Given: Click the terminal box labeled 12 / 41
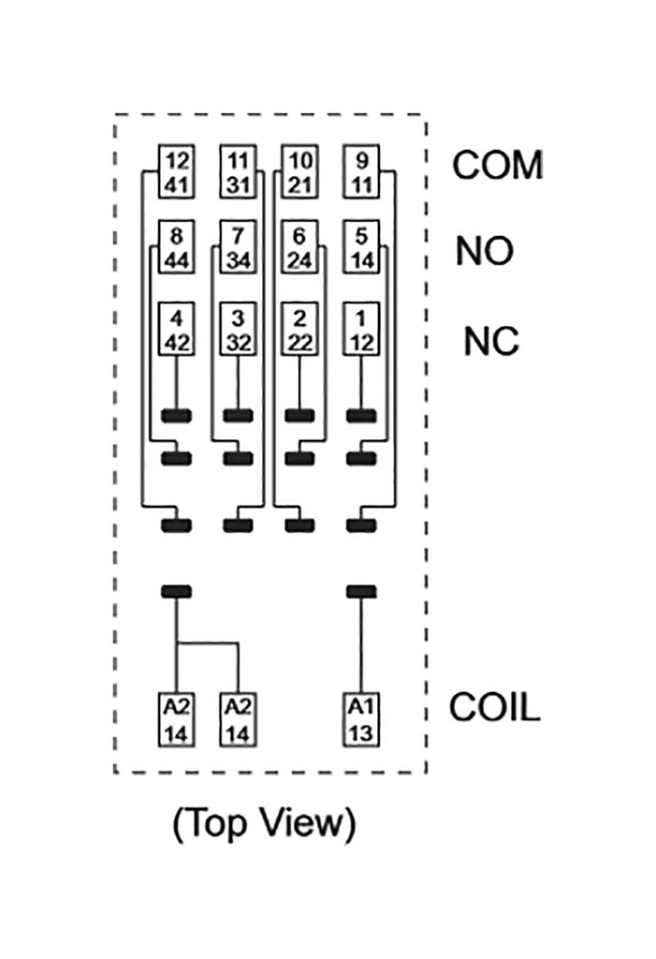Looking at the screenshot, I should (177, 170).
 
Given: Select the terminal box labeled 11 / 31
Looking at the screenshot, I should (238, 170).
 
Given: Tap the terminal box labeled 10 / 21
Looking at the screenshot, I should (299, 170).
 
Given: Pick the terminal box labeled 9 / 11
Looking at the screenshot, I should (360, 170).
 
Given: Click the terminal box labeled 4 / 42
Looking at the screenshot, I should (177, 329).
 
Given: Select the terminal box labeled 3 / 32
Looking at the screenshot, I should (238, 329).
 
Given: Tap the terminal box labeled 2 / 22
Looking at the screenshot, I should (299, 329).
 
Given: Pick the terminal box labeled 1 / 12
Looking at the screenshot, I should (360, 329).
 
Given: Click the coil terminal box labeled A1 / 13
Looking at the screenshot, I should (360, 719).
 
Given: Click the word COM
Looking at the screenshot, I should (497, 166).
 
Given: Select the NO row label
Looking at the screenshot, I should (485, 251).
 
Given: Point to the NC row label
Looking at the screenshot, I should (490, 342).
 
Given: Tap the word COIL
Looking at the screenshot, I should (495, 708).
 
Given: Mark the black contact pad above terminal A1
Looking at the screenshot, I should (360, 591).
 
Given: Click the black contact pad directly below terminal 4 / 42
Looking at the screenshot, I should (177, 415).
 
